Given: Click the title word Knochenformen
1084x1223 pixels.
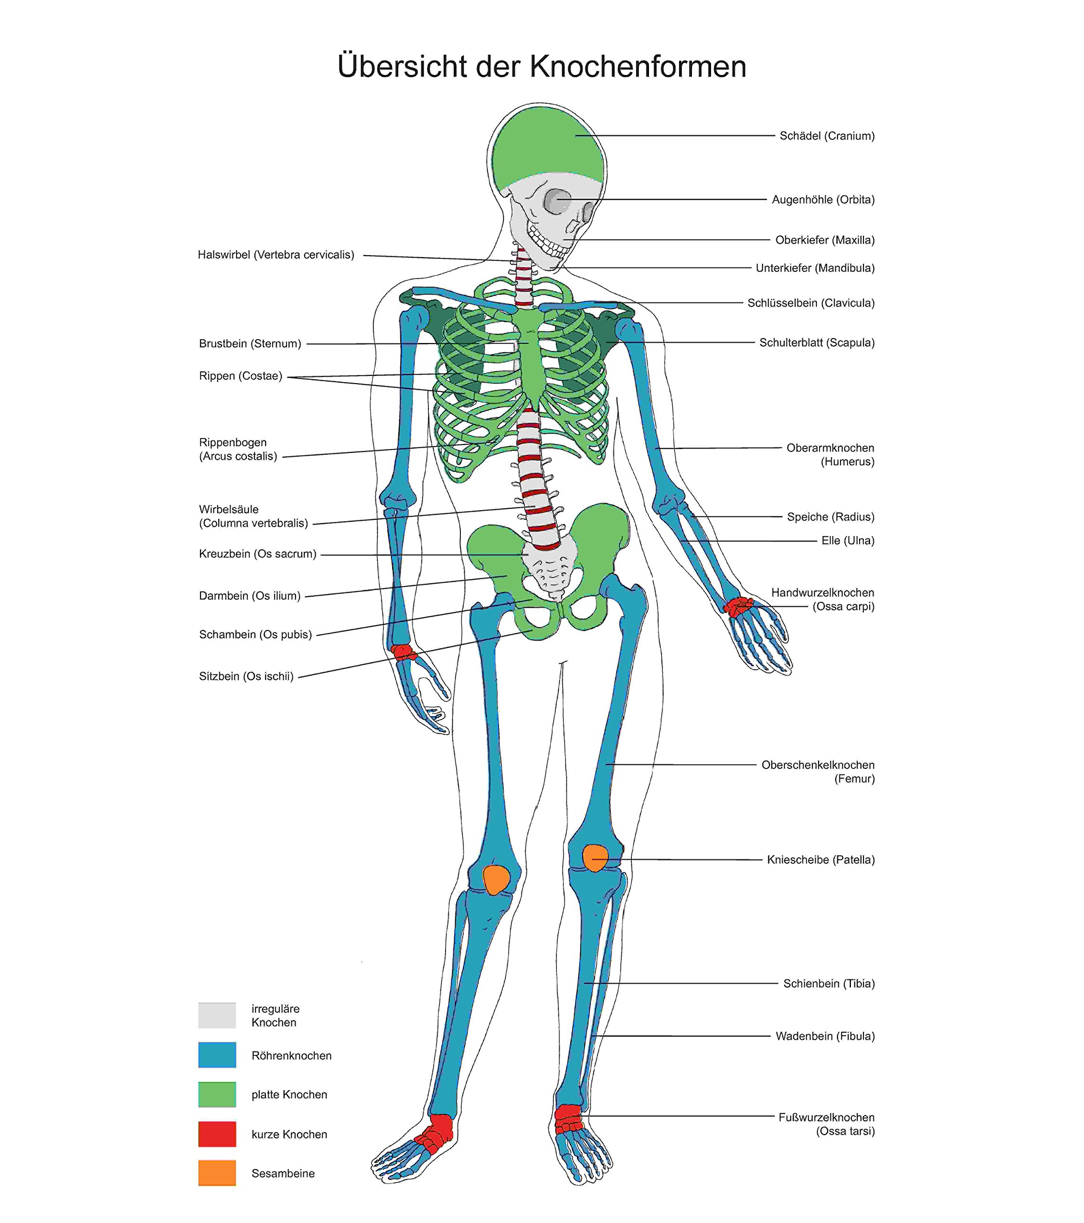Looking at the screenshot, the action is pos(638,66).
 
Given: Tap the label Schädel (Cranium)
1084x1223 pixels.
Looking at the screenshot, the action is pos(827,136).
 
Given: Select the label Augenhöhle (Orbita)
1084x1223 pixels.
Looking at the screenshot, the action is pos(823,200).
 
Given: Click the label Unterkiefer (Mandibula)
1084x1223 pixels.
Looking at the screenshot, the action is pos(815,268).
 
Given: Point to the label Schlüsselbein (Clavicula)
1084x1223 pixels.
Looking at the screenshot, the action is pos(810,303).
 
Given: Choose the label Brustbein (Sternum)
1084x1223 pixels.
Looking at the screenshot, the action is pos(250,344).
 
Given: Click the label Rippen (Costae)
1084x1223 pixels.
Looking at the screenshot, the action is pos(241,376).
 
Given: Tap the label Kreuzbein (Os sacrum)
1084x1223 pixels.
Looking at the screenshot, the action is pos(257,554).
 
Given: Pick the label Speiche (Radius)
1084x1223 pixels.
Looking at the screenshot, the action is pos(830,517).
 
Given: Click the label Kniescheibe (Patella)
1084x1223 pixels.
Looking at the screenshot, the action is pos(821,860).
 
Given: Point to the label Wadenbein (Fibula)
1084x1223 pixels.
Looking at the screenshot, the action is pos(825,1036).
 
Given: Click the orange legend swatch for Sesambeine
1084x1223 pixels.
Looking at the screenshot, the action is pos(217,1173).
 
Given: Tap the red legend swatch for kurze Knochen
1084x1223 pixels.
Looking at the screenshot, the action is pos(217,1134).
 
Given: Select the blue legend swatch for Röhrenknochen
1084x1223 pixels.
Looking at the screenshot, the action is pos(217,1055).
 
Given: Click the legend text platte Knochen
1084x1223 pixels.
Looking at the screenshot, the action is pos(289,1094).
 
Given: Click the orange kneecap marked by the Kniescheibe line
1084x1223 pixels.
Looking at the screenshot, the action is pos(595,858).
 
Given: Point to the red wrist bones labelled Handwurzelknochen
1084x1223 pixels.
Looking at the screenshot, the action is pos(738,605).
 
